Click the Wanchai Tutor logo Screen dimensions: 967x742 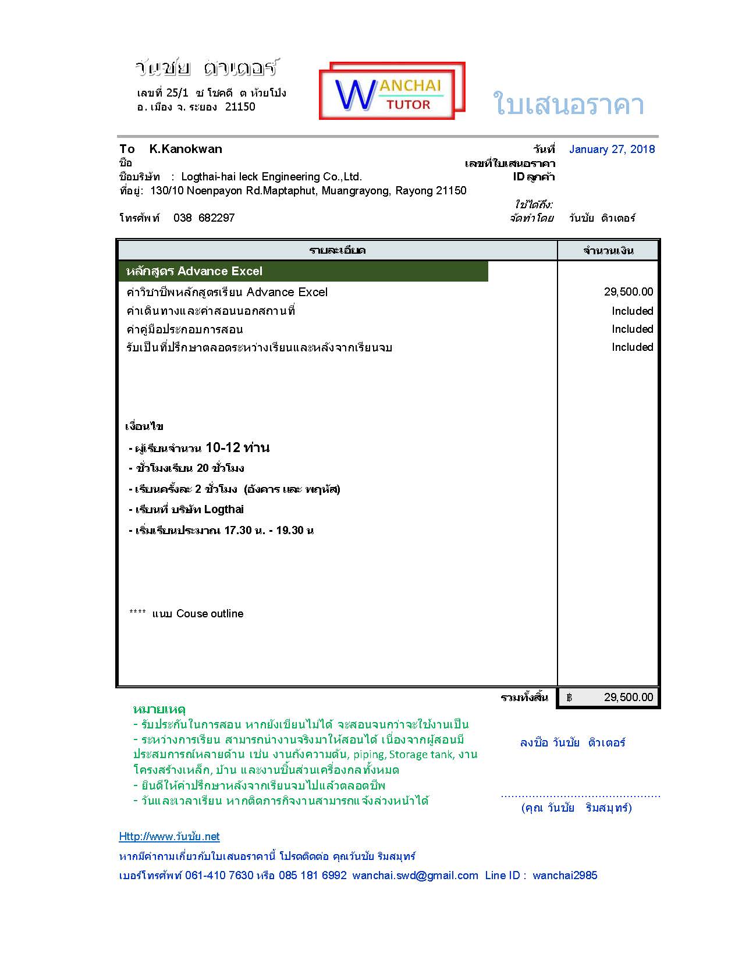(x=392, y=91)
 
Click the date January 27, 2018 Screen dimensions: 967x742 (x=612, y=150)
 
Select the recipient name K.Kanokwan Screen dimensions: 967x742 (x=185, y=149)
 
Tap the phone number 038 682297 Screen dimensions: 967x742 (x=204, y=218)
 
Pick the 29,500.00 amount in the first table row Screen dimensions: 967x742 (x=628, y=292)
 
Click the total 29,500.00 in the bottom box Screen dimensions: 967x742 (x=628, y=697)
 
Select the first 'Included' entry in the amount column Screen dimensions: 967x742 (x=632, y=311)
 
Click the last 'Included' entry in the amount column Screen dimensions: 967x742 (x=632, y=347)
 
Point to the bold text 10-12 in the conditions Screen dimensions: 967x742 (x=223, y=447)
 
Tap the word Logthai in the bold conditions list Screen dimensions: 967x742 (x=224, y=510)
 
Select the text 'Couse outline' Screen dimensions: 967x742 (x=210, y=614)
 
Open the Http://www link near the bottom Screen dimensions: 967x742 (x=169, y=837)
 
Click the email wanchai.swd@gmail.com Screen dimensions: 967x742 (x=415, y=876)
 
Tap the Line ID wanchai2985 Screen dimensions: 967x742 (x=565, y=876)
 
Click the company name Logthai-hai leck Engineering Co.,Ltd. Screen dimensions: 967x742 (x=271, y=177)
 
